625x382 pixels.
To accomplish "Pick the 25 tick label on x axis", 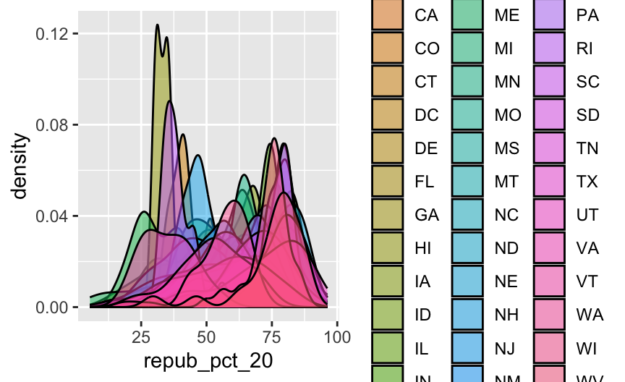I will [x=141, y=336].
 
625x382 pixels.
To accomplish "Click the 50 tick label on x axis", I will [x=207, y=336].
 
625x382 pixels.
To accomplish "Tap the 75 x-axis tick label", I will [x=272, y=336].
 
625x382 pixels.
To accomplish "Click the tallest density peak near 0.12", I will [x=157, y=26].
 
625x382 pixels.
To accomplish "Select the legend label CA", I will [x=426, y=15].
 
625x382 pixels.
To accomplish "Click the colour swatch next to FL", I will [x=387, y=182].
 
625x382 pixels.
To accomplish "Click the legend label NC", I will [x=507, y=215].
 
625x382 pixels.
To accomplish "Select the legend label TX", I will [x=587, y=182].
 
